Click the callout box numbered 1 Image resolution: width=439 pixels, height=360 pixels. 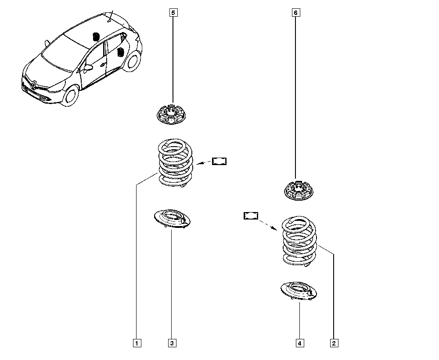coord(137,343)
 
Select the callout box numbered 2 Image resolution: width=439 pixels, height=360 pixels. coord(334,343)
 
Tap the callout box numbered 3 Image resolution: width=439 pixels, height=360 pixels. coord(172,343)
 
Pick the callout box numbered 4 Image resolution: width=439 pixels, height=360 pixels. coord(300,343)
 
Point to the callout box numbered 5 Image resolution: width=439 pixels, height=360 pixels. coord(173,13)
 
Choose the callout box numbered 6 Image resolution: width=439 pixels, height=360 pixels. coord(296,13)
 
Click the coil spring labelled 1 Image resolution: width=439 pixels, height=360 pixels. coord(176,163)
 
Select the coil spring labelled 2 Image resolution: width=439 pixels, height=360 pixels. coord(299,241)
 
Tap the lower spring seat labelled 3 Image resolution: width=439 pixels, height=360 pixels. coord(173,219)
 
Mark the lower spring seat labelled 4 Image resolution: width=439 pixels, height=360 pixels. coord(299,292)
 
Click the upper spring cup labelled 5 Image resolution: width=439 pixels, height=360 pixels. coord(171,114)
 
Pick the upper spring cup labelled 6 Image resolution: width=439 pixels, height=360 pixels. coord(299,191)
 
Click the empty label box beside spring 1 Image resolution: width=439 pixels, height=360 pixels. coord(219,161)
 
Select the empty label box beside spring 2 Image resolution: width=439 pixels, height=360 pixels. coord(251,216)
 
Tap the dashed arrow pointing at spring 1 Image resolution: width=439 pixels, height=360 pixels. coord(204,162)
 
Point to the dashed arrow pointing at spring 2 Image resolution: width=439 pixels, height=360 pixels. coord(268,225)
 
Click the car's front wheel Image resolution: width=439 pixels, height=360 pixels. coord(70,96)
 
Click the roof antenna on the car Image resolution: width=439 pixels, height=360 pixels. coord(111,16)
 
